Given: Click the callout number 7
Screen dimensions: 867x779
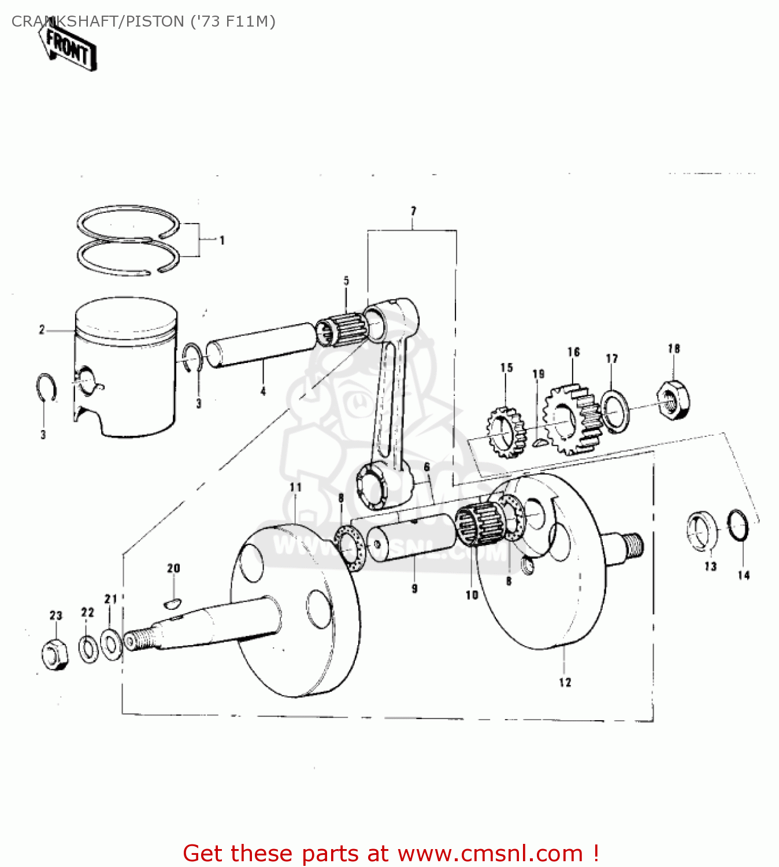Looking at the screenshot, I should pos(413,212).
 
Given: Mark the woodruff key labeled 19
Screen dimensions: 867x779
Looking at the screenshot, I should pos(539,443).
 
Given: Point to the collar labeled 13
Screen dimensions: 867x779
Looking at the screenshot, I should pos(702,531).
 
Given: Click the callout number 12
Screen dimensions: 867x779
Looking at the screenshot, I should pos(565,683).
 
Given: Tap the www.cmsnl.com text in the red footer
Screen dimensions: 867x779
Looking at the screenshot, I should pos(490,853).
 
